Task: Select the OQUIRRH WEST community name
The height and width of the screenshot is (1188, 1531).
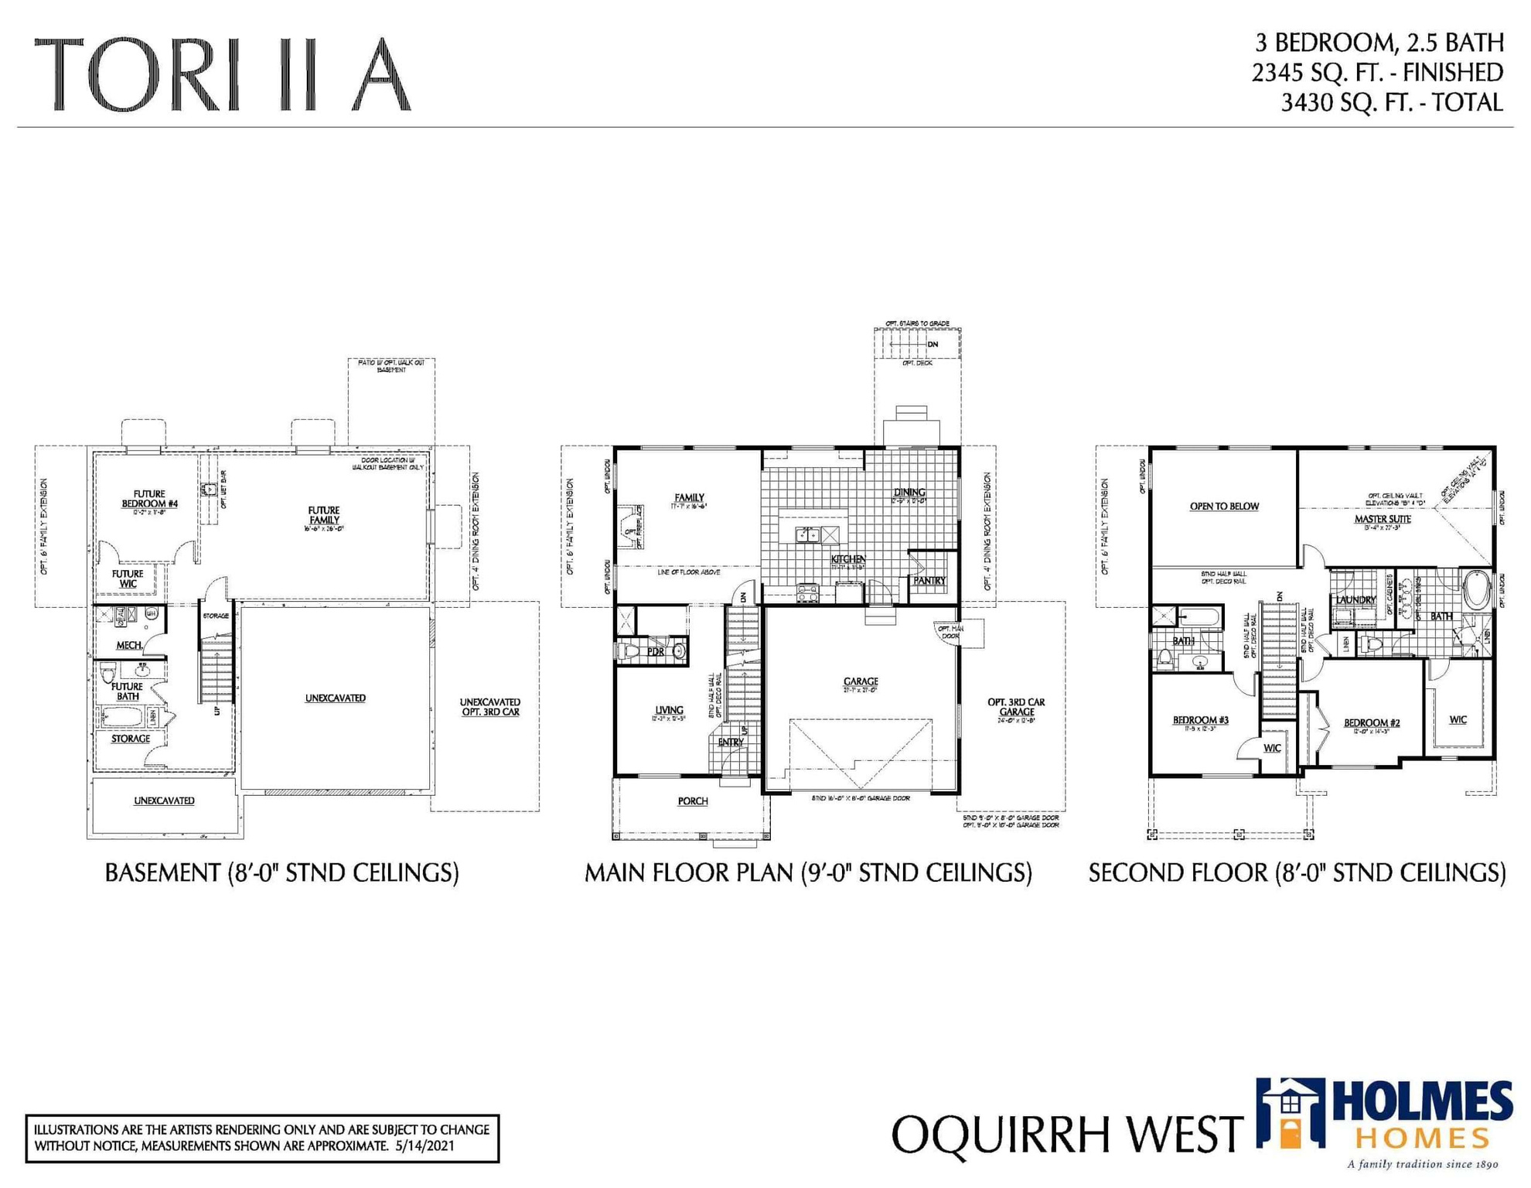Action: point(1067,1135)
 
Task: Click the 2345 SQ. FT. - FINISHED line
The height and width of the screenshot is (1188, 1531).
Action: point(1377,73)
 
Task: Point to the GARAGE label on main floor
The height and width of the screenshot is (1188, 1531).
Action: point(860,681)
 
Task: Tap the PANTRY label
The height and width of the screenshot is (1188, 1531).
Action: point(929,580)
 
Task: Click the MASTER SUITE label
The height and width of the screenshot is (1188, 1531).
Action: point(1383,519)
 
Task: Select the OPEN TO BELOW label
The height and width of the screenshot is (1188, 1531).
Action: point(1224,507)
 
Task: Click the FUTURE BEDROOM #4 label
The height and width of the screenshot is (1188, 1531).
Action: point(149,499)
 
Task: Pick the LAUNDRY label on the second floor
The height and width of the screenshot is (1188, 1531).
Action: point(1355,599)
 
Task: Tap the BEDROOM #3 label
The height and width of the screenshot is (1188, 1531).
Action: point(1201,720)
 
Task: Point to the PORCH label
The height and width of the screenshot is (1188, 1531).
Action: point(692,801)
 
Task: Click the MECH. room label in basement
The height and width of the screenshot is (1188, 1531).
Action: point(129,645)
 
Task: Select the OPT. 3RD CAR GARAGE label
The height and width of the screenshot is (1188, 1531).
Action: point(1016,707)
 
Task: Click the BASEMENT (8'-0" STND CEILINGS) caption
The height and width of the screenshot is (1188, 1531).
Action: point(281,873)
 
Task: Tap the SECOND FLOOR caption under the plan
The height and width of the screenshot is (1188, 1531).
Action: point(1297,873)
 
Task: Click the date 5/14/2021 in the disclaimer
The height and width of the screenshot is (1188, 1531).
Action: point(425,1145)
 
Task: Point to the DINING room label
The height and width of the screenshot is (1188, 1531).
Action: point(909,492)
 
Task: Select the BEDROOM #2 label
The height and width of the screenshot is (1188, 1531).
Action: point(1372,723)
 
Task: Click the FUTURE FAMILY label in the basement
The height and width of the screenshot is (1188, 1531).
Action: point(323,515)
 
